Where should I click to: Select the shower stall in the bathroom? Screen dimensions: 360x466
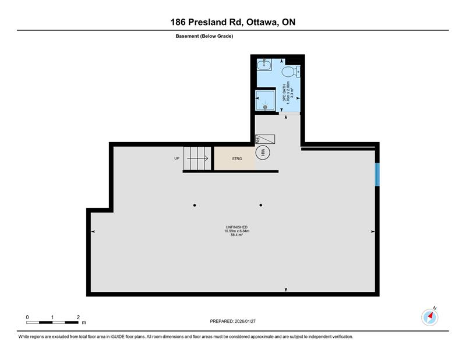coord(265,101)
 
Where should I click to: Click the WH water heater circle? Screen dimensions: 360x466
coord(263,153)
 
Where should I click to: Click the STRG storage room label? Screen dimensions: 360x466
coord(236,158)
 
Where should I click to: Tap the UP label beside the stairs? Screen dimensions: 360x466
coord(176,158)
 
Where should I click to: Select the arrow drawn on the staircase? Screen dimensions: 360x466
coord(198,158)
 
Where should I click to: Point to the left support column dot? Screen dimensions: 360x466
coord(195,205)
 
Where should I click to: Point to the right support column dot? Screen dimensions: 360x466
coord(260,205)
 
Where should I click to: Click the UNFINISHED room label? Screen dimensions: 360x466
coord(237,227)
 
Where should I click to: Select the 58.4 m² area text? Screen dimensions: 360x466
coord(237,235)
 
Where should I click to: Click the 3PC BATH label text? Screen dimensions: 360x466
coord(284,94)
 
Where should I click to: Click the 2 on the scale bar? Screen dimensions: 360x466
coord(78,317)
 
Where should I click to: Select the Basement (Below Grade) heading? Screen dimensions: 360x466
coord(204,36)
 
